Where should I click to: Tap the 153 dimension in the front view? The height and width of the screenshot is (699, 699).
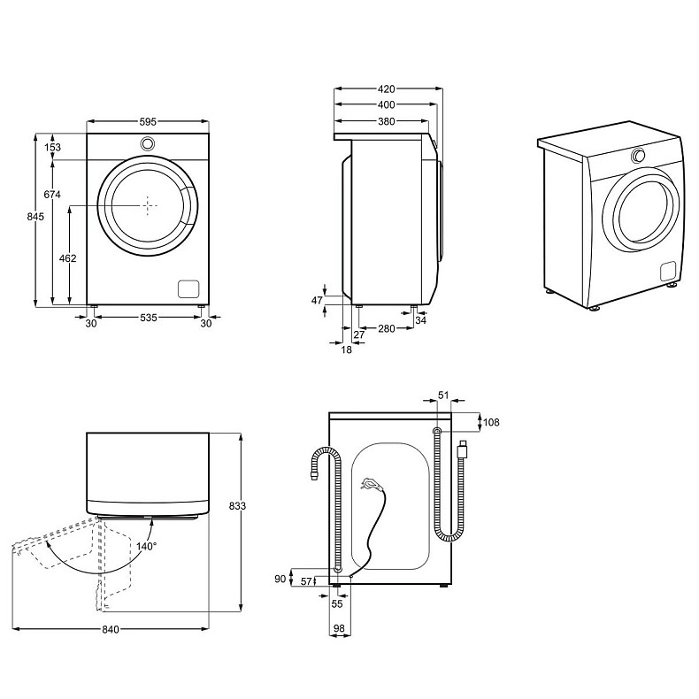tap(54, 148)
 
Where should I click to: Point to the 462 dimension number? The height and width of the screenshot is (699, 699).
tap(68, 258)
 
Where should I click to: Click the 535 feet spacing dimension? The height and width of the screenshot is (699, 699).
tap(148, 319)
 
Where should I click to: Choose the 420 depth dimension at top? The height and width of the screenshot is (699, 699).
tap(386, 89)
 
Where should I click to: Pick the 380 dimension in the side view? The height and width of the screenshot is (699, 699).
tap(386, 122)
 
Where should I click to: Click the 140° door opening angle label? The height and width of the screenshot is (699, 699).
tap(146, 546)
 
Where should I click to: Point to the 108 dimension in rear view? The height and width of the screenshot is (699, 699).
tap(490, 422)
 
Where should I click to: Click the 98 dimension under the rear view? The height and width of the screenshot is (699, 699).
tap(339, 628)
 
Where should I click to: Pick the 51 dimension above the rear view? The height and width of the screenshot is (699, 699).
tap(444, 396)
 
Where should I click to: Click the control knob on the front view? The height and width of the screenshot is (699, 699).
tap(148, 144)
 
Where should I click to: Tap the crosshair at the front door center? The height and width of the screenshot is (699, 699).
tap(148, 204)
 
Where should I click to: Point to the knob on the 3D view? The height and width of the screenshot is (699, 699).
tap(637, 156)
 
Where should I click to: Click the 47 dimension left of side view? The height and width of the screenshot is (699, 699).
tap(317, 301)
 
